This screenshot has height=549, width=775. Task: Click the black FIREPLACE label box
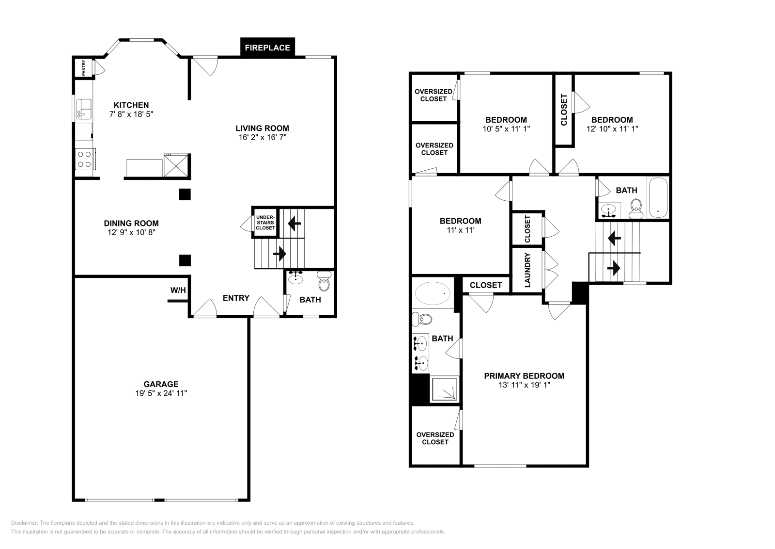[x=267, y=48]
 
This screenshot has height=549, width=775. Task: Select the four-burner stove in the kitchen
[x=85, y=159]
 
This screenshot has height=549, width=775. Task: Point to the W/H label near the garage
[x=178, y=291]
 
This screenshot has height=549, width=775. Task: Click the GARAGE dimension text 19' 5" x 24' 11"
[x=161, y=393]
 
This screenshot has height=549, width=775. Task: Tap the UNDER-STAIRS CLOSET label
[x=265, y=223]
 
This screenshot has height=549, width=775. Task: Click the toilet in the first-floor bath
[x=324, y=282]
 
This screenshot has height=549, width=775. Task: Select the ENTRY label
[x=236, y=298]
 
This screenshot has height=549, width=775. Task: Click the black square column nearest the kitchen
[x=185, y=194]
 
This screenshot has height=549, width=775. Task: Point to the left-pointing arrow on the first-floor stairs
[x=294, y=224]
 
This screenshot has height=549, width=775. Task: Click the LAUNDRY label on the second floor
[x=527, y=270]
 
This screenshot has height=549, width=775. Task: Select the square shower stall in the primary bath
[x=444, y=389]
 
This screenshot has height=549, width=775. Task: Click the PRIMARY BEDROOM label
[x=524, y=376]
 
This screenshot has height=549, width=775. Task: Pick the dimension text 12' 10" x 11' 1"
[x=612, y=129]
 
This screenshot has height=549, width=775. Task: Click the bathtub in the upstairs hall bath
[x=657, y=198]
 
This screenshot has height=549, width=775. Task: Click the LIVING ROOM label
[x=262, y=129]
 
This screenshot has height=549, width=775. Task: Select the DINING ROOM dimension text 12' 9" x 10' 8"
[x=131, y=232]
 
